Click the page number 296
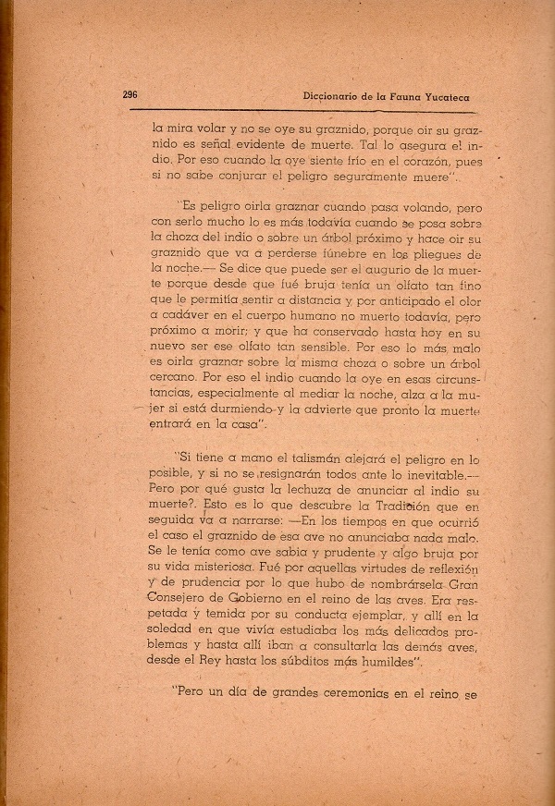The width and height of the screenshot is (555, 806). click(130, 94)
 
